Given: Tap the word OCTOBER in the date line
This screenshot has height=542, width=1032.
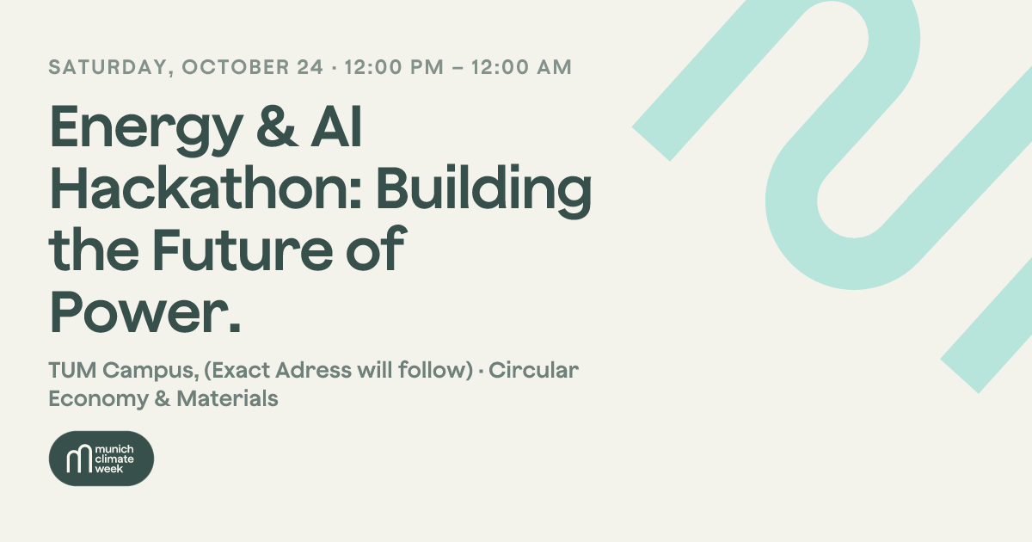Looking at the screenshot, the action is pyautogui.click(x=236, y=67).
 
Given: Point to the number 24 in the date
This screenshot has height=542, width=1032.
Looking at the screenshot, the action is pyautogui.click(x=310, y=67).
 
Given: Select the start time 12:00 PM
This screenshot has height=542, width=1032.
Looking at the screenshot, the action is pyautogui.click(x=394, y=67).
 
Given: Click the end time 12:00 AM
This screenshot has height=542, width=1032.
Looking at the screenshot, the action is pyautogui.click(x=521, y=67).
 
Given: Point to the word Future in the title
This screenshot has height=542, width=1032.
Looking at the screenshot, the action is pyautogui.click(x=243, y=249).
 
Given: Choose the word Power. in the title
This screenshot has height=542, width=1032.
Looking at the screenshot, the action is pyautogui.click(x=145, y=311).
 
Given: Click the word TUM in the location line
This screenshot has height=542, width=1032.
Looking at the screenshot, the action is pyautogui.click(x=72, y=370).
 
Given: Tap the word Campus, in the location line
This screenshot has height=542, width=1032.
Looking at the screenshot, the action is pyautogui.click(x=150, y=372).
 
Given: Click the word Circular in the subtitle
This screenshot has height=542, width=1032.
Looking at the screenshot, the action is pyautogui.click(x=533, y=370).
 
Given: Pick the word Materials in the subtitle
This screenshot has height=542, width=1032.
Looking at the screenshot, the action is pyautogui.click(x=227, y=398).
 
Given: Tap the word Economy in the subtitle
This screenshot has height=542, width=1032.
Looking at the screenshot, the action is pyautogui.click(x=98, y=400).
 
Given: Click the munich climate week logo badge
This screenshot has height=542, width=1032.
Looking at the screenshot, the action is pyautogui.click(x=101, y=458).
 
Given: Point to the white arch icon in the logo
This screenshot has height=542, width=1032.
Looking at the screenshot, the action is pyautogui.click(x=79, y=458).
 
